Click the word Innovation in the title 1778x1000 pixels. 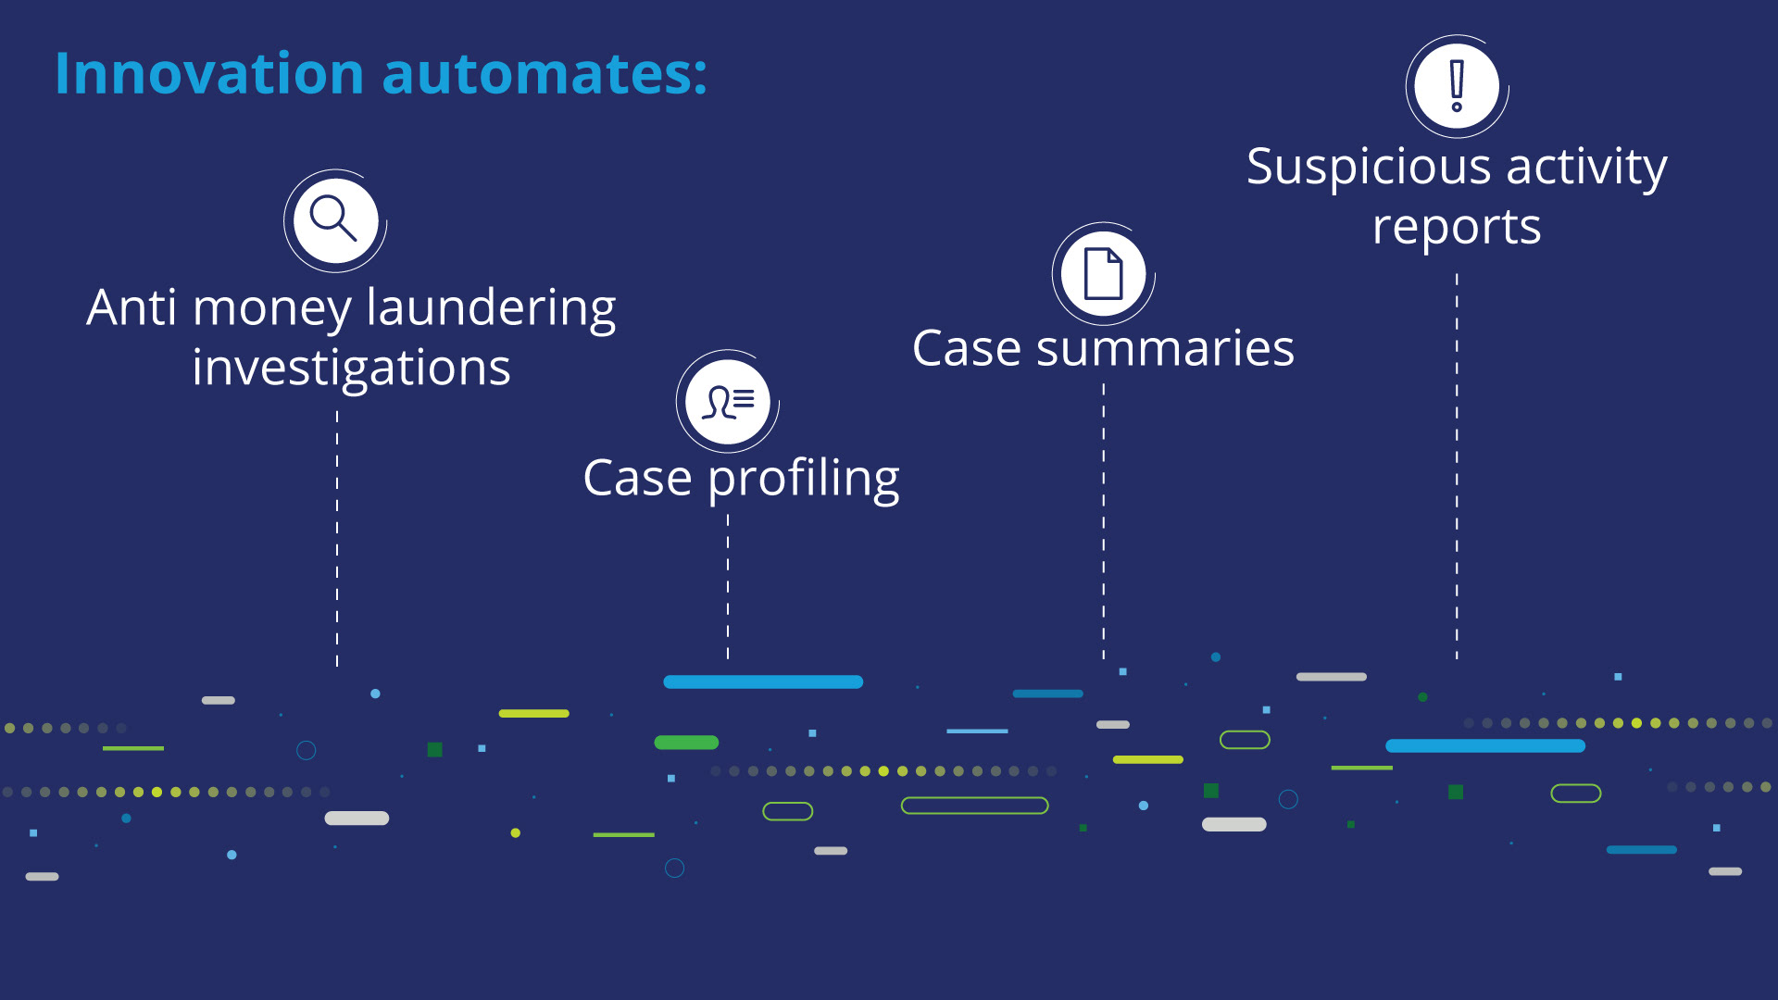tap(209, 73)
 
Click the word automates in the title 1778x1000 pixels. tap(545, 74)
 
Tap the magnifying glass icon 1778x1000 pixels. tap(335, 220)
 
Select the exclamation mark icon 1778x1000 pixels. tap(1458, 86)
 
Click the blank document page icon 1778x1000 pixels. tap(1104, 273)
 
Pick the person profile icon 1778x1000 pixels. tap(728, 401)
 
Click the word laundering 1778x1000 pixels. tap(492, 309)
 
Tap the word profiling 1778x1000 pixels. tap(804, 481)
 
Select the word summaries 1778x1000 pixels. tap(1165, 349)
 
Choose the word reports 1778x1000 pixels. tap(1457, 228)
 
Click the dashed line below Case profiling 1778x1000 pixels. tap(728, 587)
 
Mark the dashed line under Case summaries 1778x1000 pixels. tap(1104, 522)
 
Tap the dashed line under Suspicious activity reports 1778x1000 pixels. tap(1457, 467)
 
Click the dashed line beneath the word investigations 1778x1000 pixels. tap(337, 539)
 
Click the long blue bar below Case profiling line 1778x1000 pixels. tap(763, 682)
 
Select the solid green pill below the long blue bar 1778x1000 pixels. tap(686, 743)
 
